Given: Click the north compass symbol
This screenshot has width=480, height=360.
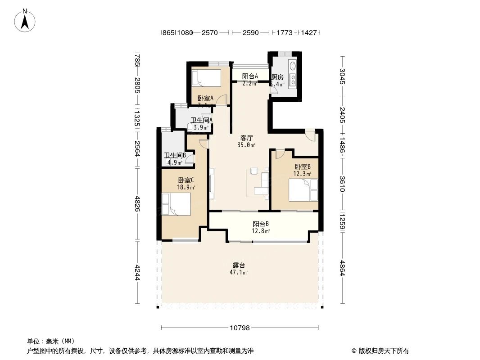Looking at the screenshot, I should click(25, 20).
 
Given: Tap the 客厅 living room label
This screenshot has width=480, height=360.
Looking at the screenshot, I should click(247, 138).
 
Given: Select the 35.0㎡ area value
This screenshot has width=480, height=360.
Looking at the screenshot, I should click(247, 145).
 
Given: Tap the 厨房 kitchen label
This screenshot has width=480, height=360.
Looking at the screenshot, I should click(278, 77).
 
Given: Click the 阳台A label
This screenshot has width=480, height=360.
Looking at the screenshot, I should click(250, 76).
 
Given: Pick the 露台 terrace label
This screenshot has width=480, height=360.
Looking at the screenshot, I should click(239, 265).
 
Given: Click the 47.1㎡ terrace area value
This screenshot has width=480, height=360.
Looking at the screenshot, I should click(239, 272).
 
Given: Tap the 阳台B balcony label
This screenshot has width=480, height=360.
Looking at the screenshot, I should click(261, 224).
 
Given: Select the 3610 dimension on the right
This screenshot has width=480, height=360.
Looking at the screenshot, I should click(342, 184).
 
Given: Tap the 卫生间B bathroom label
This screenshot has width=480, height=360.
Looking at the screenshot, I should click(175, 155).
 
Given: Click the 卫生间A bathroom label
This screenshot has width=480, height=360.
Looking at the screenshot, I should click(201, 120).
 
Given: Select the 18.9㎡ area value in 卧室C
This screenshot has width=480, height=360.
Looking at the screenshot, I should click(186, 187).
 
